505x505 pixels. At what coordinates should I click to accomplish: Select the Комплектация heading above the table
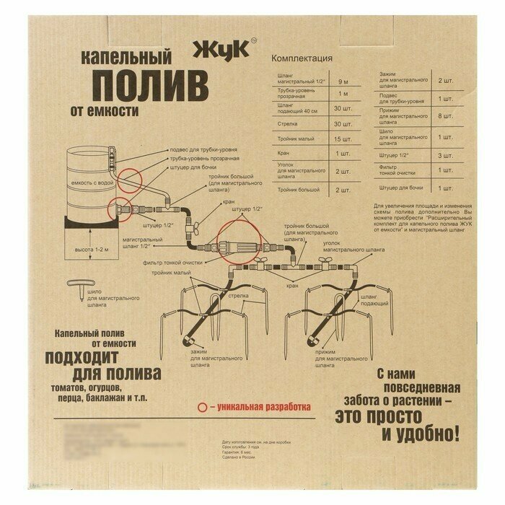[x=301, y=58]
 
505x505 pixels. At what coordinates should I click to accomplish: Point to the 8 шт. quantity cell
[x=445, y=116]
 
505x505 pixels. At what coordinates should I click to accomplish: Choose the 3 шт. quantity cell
[x=445, y=154]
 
